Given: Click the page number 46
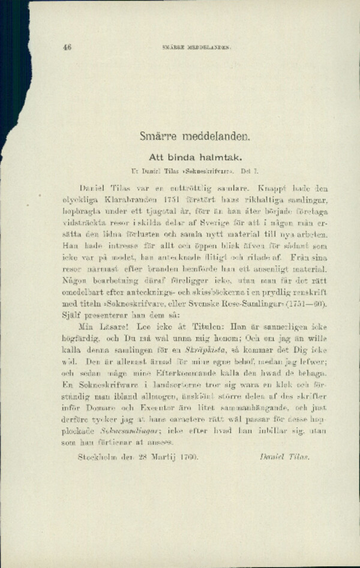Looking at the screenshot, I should click(67, 47).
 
